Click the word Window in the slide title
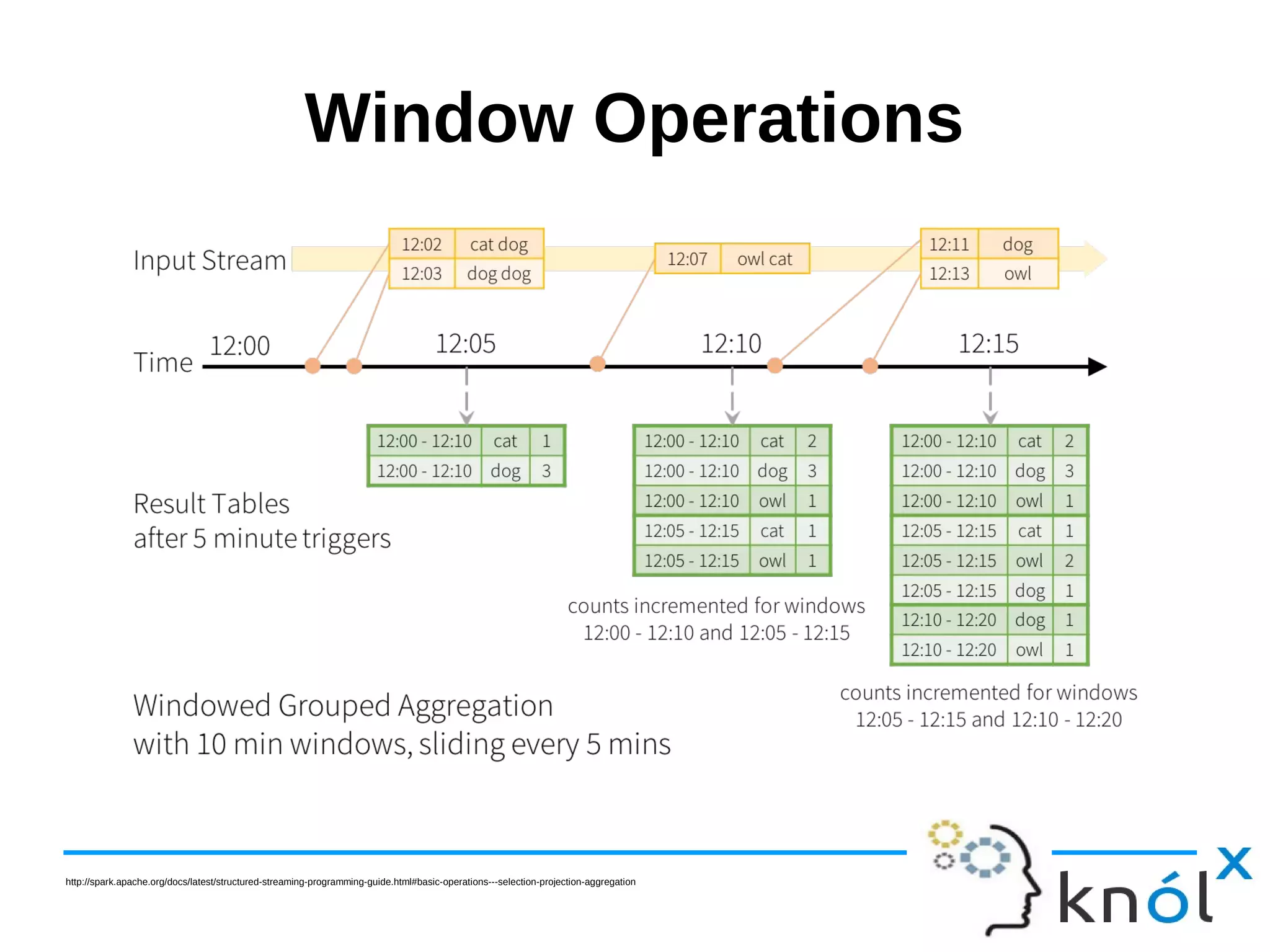438,118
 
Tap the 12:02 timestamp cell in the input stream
422,244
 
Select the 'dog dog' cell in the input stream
499,274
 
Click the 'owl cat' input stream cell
764,259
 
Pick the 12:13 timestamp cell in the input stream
949,274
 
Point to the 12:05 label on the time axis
466,344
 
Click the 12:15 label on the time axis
988,344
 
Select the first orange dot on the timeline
313,365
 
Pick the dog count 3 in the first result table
546,471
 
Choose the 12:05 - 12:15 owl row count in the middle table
812,561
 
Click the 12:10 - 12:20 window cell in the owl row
948,650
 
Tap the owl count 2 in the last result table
1069,561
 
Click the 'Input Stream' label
210,260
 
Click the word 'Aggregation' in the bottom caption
475,706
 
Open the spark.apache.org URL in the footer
350,882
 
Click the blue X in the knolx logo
1233,863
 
